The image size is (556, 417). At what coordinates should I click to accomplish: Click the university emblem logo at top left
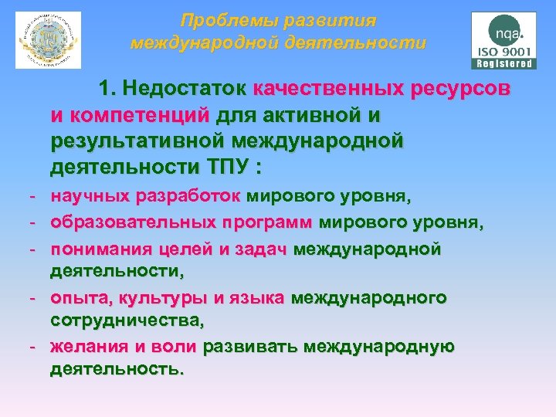[x=48, y=40]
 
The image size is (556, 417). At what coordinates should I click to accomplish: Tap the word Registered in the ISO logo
[x=504, y=64]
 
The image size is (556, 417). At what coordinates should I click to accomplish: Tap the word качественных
[x=327, y=88]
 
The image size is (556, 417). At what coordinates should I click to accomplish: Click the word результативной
[x=140, y=141]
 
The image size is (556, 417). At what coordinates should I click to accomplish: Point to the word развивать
[x=250, y=347]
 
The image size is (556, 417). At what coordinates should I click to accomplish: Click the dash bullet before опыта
[x=35, y=298]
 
